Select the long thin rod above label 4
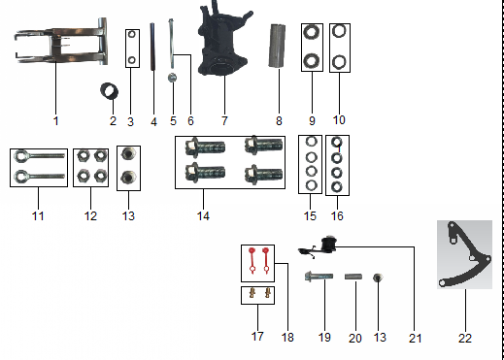click(x=153, y=58)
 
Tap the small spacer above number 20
click(x=354, y=278)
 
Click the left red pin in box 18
click(x=251, y=258)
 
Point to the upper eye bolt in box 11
click(x=38, y=156)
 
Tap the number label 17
click(x=256, y=336)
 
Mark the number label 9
click(x=313, y=121)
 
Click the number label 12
click(x=90, y=215)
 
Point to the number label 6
click(x=190, y=121)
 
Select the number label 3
click(x=130, y=121)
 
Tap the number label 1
click(x=55, y=121)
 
